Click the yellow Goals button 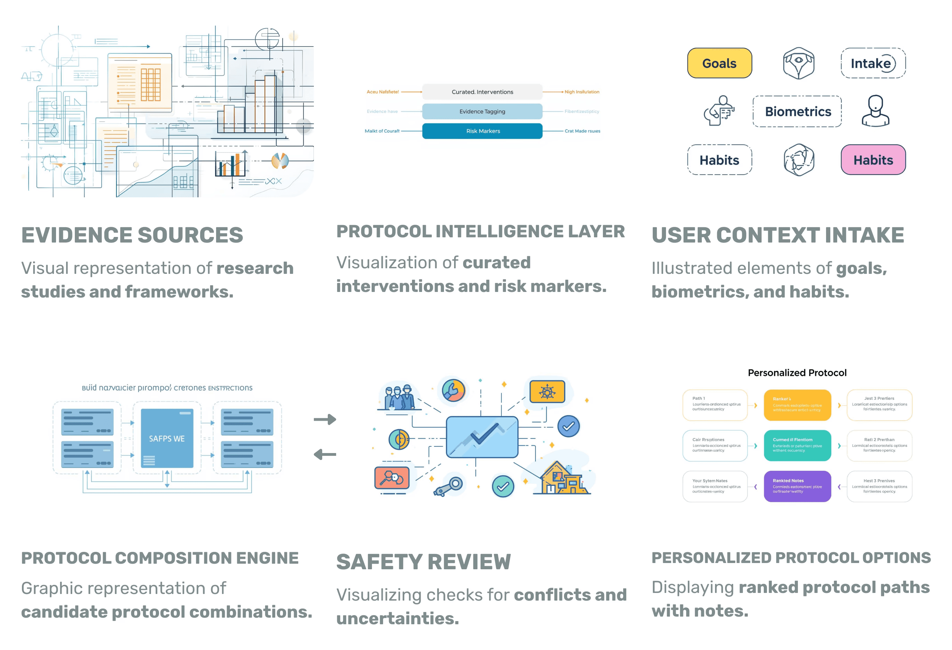coord(719,63)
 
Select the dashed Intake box coord(873,63)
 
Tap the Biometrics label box coord(797,111)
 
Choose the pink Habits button coord(873,160)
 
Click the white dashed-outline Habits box coord(719,160)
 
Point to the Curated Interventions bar coord(482,92)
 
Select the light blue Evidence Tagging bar coord(482,111)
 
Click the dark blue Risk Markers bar coord(482,131)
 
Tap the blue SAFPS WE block coord(167,438)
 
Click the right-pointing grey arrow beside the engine coord(325,419)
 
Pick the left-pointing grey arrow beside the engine coord(325,454)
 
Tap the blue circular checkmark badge coord(568,426)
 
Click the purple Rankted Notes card coord(797,486)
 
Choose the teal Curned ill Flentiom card coord(797,445)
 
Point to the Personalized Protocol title coord(797,373)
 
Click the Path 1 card coord(715,405)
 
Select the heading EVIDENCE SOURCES coord(132,235)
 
